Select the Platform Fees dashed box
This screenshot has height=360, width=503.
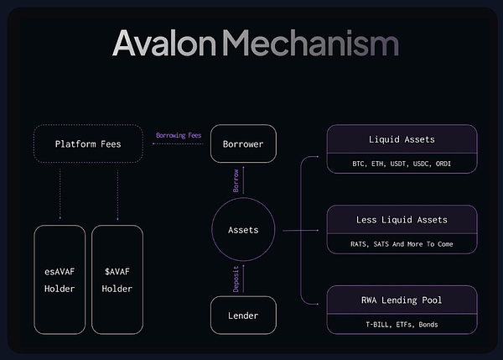pyautogui.click(x=88, y=144)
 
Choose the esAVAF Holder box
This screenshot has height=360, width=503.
pyautogui.click(x=60, y=279)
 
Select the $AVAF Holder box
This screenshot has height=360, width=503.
pyautogui.click(x=117, y=279)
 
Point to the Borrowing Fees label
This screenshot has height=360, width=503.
pyautogui.click(x=179, y=135)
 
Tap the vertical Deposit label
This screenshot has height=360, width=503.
pyautogui.click(x=236, y=277)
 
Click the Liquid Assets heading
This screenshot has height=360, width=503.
pyautogui.click(x=402, y=138)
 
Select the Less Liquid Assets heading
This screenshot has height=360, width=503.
pyautogui.click(x=402, y=220)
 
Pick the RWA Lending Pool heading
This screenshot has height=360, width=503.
pyautogui.click(x=402, y=300)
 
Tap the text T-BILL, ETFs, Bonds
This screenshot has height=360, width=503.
pyautogui.click(x=402, y=324)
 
